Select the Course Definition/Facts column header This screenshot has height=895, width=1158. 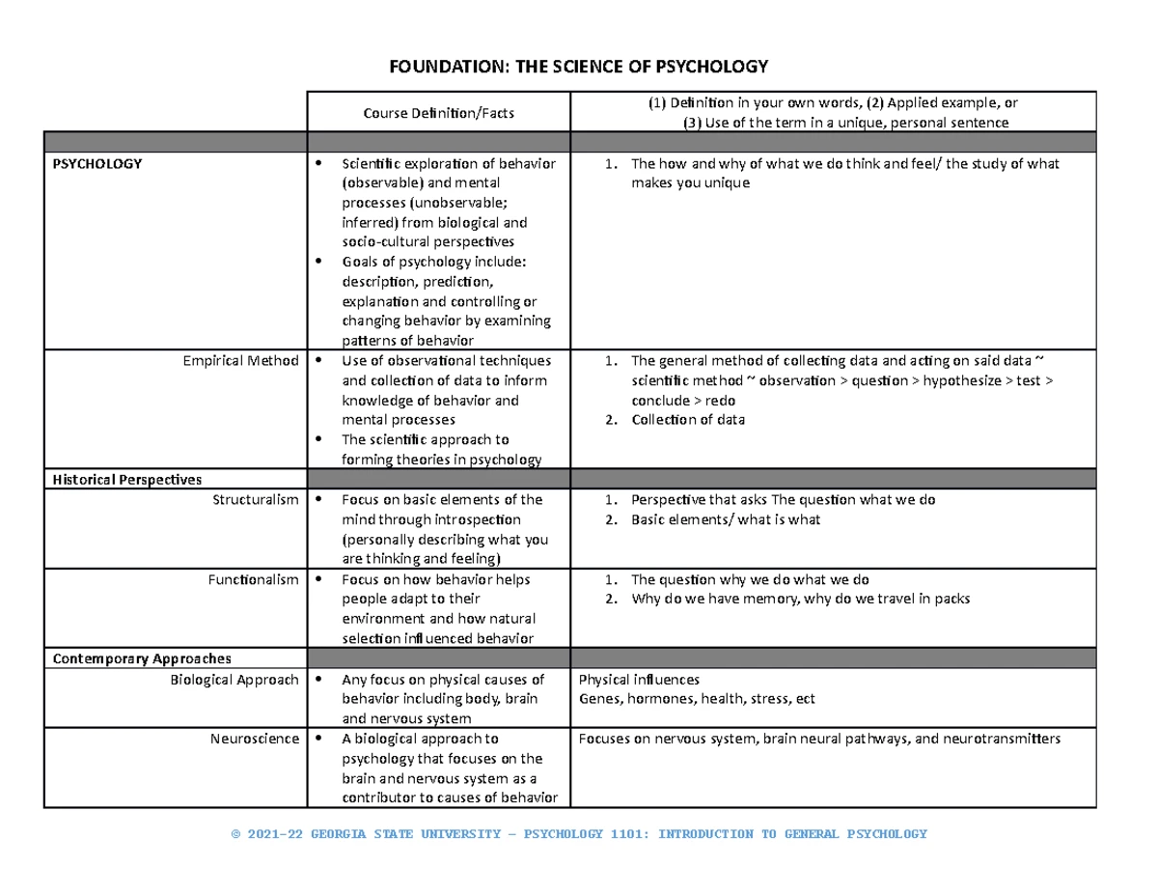[x=438, y=114]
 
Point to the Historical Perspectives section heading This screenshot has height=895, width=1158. [x=127, y=480]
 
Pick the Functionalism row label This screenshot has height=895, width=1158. [x=254, y=579]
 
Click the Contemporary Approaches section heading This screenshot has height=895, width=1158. [x=142, y=658]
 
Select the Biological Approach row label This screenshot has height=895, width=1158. [x=234, y=680]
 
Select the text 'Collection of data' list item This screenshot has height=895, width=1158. [x=688, y=420]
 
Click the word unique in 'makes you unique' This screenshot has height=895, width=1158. [x=727, y=183]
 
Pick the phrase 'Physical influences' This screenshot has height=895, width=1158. [x=638, y=680]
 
